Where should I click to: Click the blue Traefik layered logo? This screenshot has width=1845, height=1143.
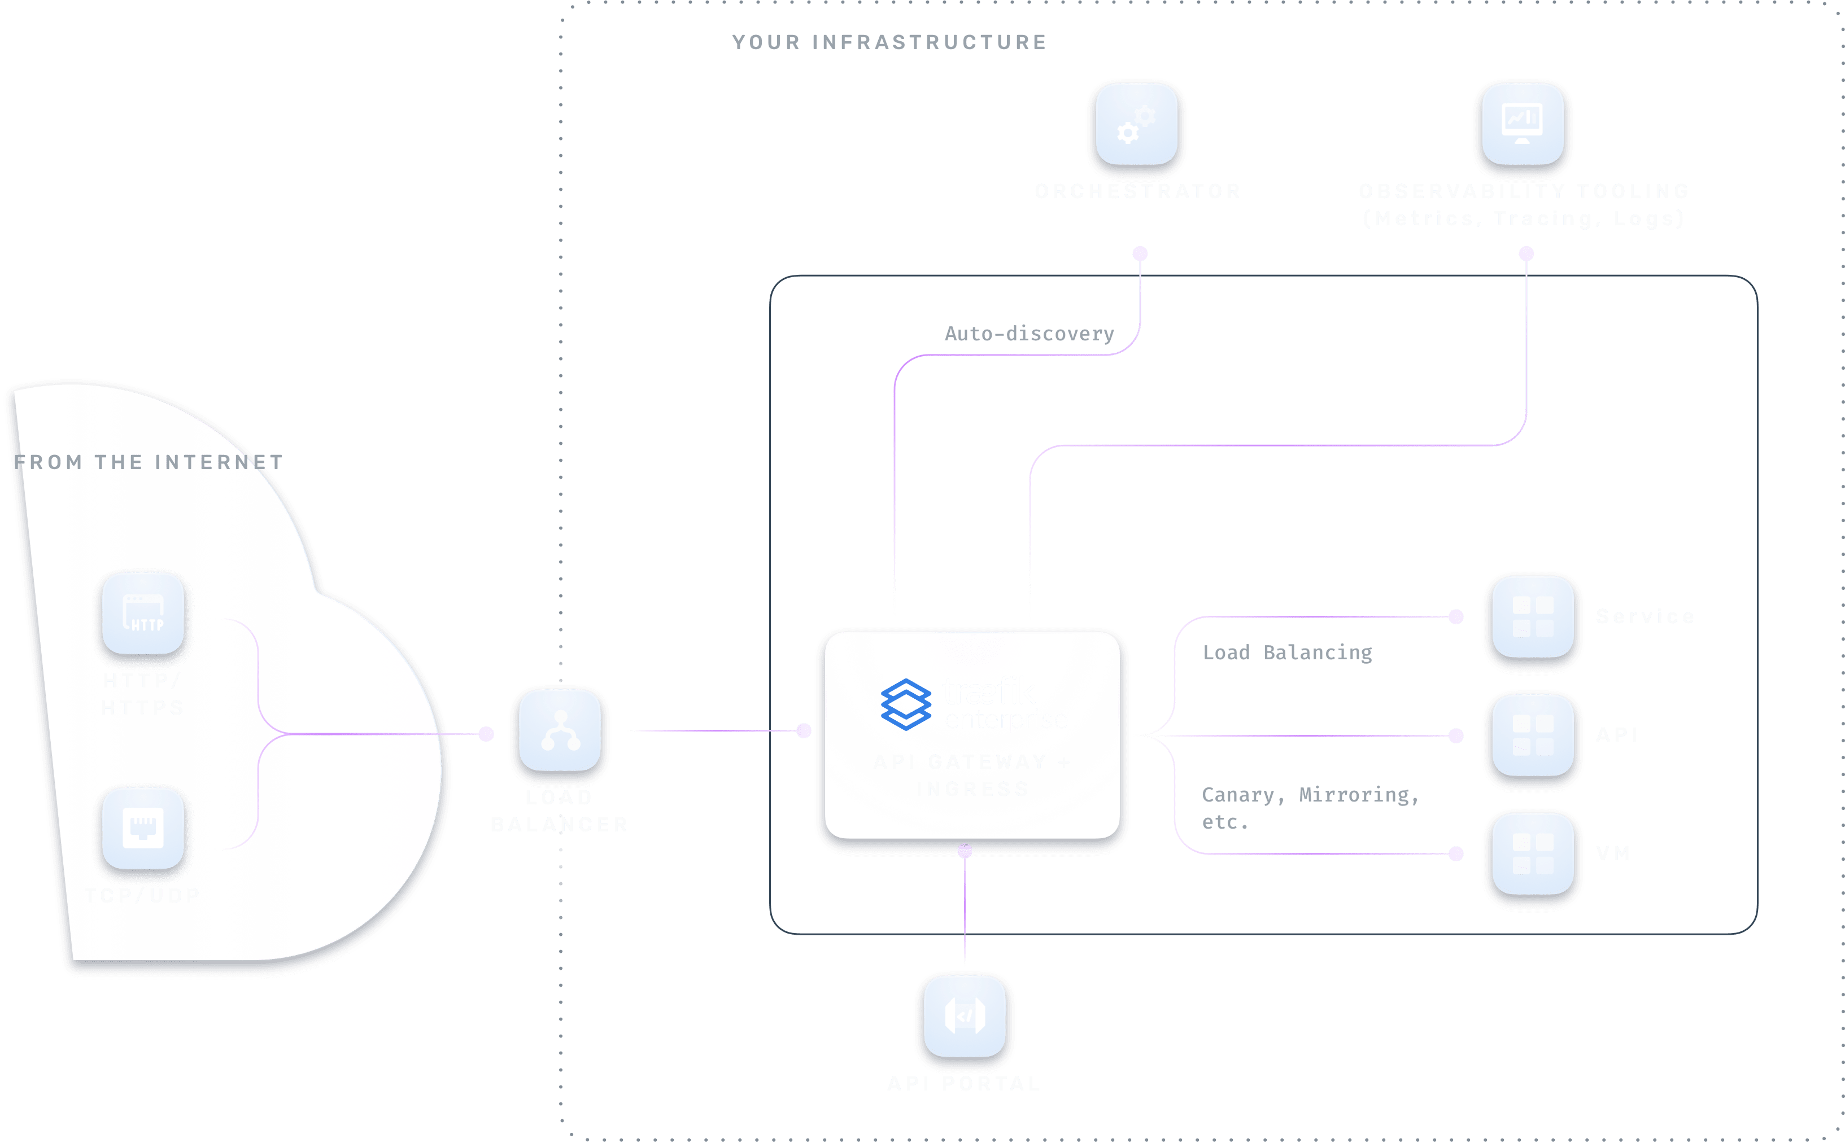(x=906, y=704)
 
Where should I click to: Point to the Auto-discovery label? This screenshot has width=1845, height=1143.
(x=1029, y=334)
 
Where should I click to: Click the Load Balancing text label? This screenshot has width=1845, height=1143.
(x=1287, y=653)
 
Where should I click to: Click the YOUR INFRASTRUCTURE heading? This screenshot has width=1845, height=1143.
(x=889, y=42)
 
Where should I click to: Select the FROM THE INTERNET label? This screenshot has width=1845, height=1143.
(x=148, y=462)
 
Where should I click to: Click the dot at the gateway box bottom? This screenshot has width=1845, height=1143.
(x=965, y=851)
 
